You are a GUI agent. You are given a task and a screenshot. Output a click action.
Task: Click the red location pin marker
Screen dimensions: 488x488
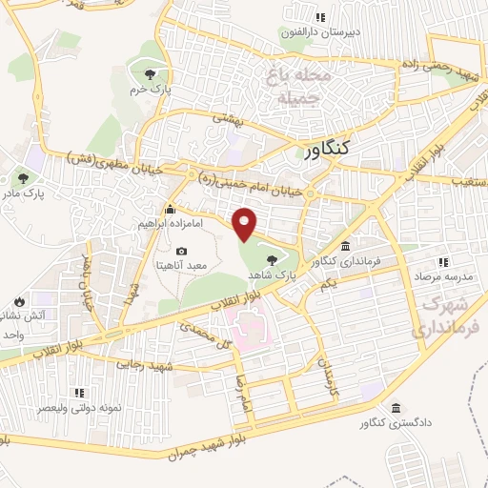246,223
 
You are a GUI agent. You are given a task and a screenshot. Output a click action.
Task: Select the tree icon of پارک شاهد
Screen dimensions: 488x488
272,258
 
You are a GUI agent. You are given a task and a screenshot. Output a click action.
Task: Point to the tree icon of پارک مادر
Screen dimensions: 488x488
21,177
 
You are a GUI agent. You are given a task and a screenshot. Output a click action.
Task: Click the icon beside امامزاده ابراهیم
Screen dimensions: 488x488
171,210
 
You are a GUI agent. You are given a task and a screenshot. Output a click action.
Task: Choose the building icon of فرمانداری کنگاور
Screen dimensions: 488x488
345,244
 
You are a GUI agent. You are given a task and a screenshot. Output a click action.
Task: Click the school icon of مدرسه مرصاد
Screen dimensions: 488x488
441,261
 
